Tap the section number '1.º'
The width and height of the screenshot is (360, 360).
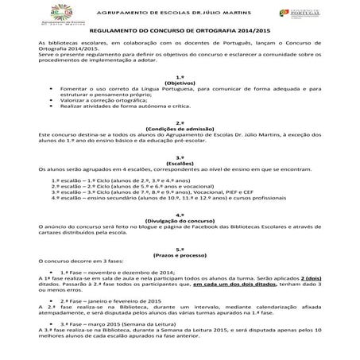click(x=180, y=75)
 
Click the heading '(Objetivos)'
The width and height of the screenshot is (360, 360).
click(x=180, y=81)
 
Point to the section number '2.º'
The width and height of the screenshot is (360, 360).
click(x=180, y=122)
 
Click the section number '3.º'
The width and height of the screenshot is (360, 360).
click(x=180, y=157)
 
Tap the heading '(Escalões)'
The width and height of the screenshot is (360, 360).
click(x=180, y=164)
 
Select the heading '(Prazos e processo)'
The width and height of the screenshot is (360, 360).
click(x=180, y=253)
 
